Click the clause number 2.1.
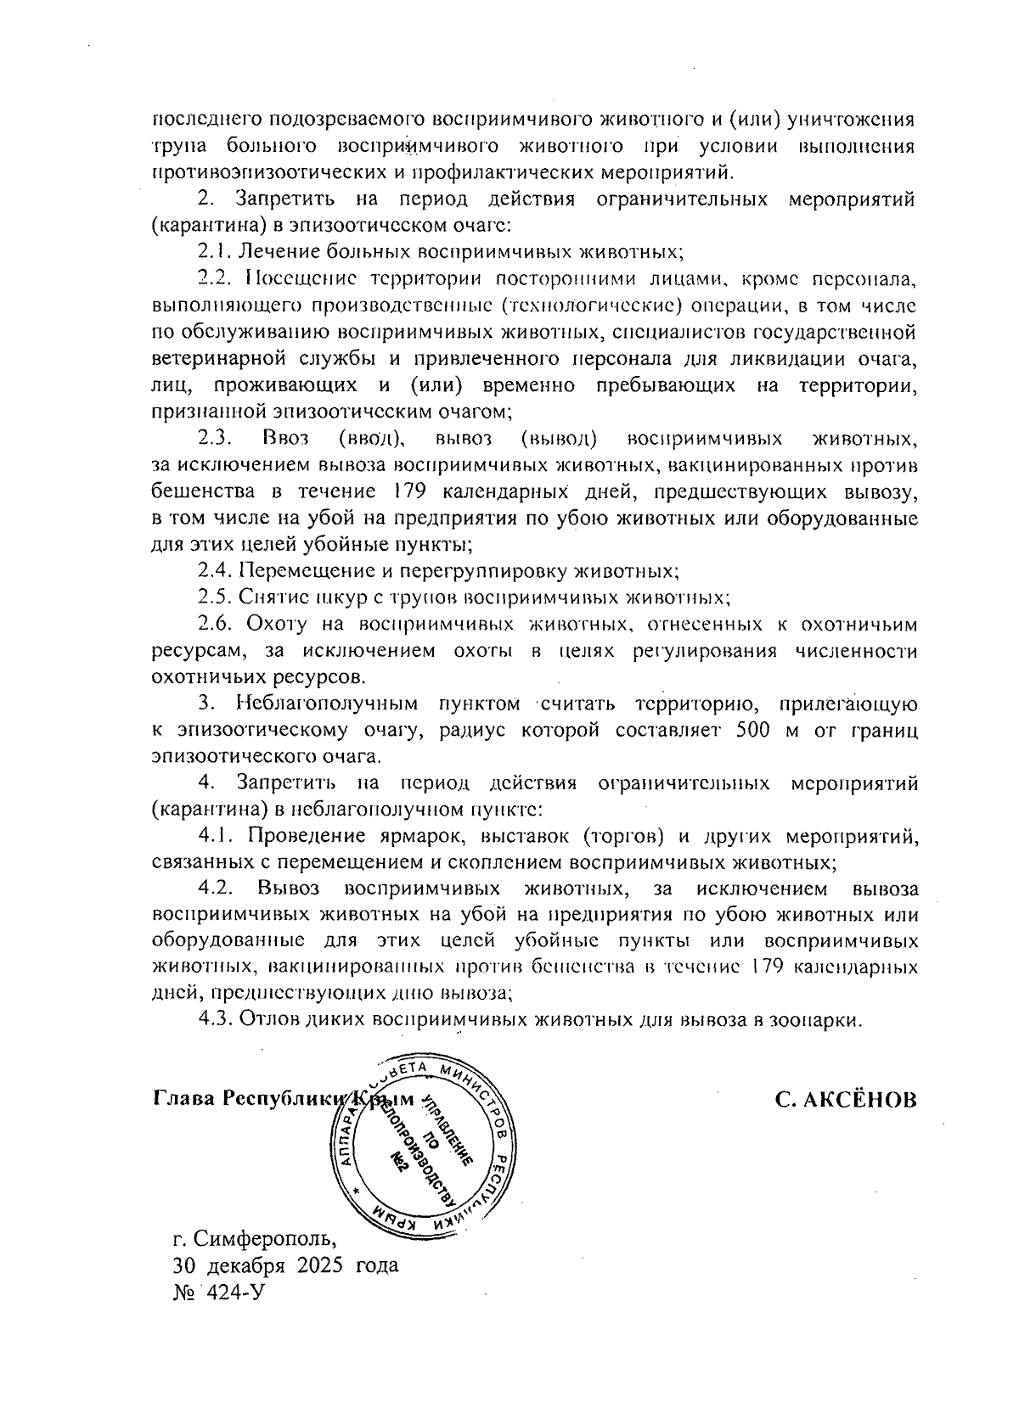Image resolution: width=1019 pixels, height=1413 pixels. click(213, 251)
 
